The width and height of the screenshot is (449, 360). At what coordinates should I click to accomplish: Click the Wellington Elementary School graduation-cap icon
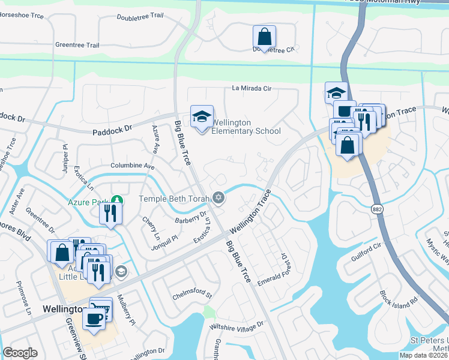202,116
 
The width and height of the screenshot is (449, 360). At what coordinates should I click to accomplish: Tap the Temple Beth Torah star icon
218,197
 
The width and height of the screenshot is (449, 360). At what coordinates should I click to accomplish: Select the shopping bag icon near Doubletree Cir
264,37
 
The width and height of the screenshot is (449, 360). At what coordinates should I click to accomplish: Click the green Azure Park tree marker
118,199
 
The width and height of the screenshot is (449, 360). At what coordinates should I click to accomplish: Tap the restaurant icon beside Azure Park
110,213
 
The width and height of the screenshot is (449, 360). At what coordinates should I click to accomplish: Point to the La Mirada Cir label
252,88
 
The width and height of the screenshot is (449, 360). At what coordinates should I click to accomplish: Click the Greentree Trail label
77,45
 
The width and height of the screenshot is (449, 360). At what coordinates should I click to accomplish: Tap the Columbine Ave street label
132,166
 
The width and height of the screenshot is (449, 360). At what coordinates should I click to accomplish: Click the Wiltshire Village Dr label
236,325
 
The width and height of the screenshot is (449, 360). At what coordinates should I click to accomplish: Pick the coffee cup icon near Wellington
93,318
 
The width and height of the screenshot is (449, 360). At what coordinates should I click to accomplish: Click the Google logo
20,353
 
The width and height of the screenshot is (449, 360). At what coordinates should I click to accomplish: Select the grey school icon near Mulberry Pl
121,272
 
